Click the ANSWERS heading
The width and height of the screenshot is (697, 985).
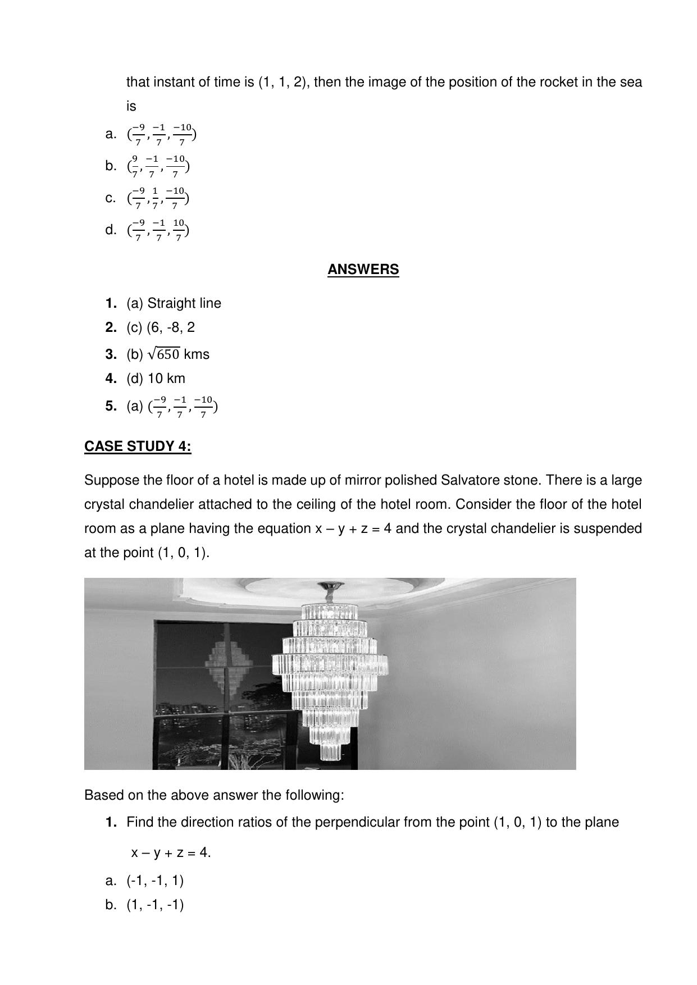point(363,270)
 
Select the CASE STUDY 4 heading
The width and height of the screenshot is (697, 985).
point(138,446)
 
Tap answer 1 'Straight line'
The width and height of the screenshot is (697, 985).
point(184,303)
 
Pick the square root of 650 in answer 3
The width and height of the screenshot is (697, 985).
point(163,354)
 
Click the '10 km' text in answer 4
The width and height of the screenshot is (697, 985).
point(166,379)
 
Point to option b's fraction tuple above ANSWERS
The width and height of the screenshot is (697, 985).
point(158,166)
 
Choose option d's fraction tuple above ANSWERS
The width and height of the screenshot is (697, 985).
point(158,230)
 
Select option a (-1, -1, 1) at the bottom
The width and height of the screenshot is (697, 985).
point(155,881)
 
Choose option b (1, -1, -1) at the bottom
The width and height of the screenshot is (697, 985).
point(155,905)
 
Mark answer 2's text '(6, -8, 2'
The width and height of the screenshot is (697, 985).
point(171,327)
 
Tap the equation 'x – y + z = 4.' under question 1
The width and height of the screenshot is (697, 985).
point(171,852)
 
